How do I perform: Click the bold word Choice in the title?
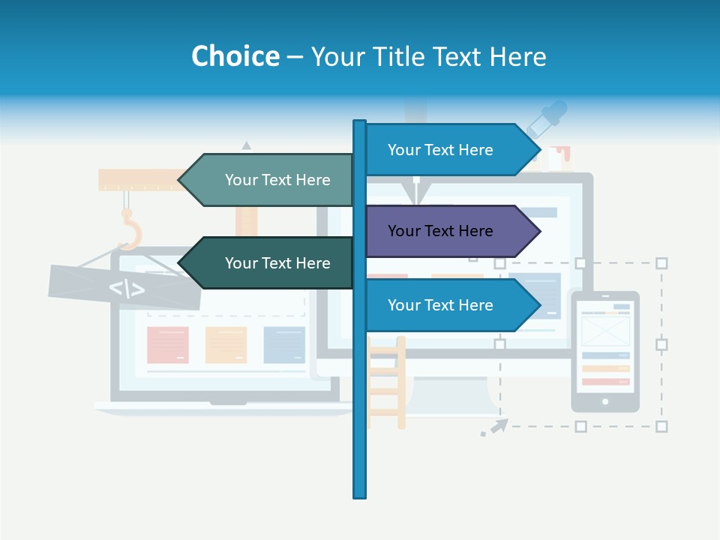click(235, 56)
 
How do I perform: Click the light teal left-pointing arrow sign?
click(270, 180)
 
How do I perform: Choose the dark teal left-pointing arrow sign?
click(270, 263)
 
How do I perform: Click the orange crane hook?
click(131, 229)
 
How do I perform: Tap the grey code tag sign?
click(124, 287)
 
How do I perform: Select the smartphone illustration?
click(605, 351)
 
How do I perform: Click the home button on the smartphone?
click(605, 402)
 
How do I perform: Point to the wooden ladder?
click(387, 382)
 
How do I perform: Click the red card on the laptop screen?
click(167, 345)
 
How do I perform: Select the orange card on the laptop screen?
click(226, 345)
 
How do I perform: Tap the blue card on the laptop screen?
click(284, 345)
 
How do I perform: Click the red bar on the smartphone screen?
click(605, 382)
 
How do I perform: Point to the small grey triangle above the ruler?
click(246, 145)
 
